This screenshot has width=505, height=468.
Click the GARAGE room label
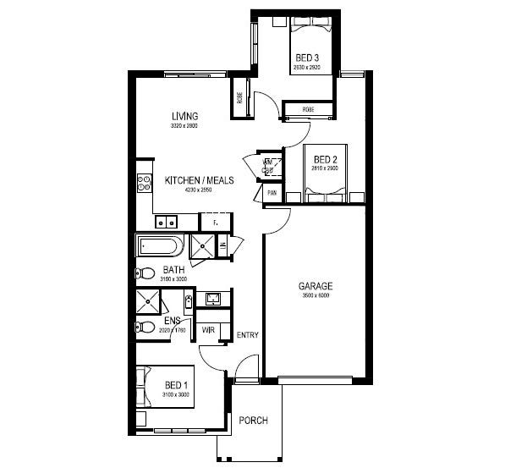point(315,286)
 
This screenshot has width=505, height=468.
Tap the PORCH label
point(253,421)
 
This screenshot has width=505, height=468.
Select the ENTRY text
point(248,335)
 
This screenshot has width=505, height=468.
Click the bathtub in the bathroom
point(159,247)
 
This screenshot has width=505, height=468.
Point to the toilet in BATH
point(144,273)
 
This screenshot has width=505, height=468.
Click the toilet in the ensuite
point(145,328)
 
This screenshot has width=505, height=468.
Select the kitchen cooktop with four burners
point(142,181)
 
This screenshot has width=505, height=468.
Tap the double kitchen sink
point(166,223)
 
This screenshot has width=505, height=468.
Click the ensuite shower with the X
point(148,300)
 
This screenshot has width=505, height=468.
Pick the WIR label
point(207,329)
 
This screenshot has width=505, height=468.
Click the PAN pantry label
point(272,193)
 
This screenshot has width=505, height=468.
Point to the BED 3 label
point(307,58)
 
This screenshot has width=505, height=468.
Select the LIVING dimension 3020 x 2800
point(184,125)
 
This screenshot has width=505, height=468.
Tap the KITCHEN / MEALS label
point(199,180)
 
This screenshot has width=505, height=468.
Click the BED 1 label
point(176,386)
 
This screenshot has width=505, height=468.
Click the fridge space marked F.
point(216,222)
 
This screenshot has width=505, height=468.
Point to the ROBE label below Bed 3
point(298,108)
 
